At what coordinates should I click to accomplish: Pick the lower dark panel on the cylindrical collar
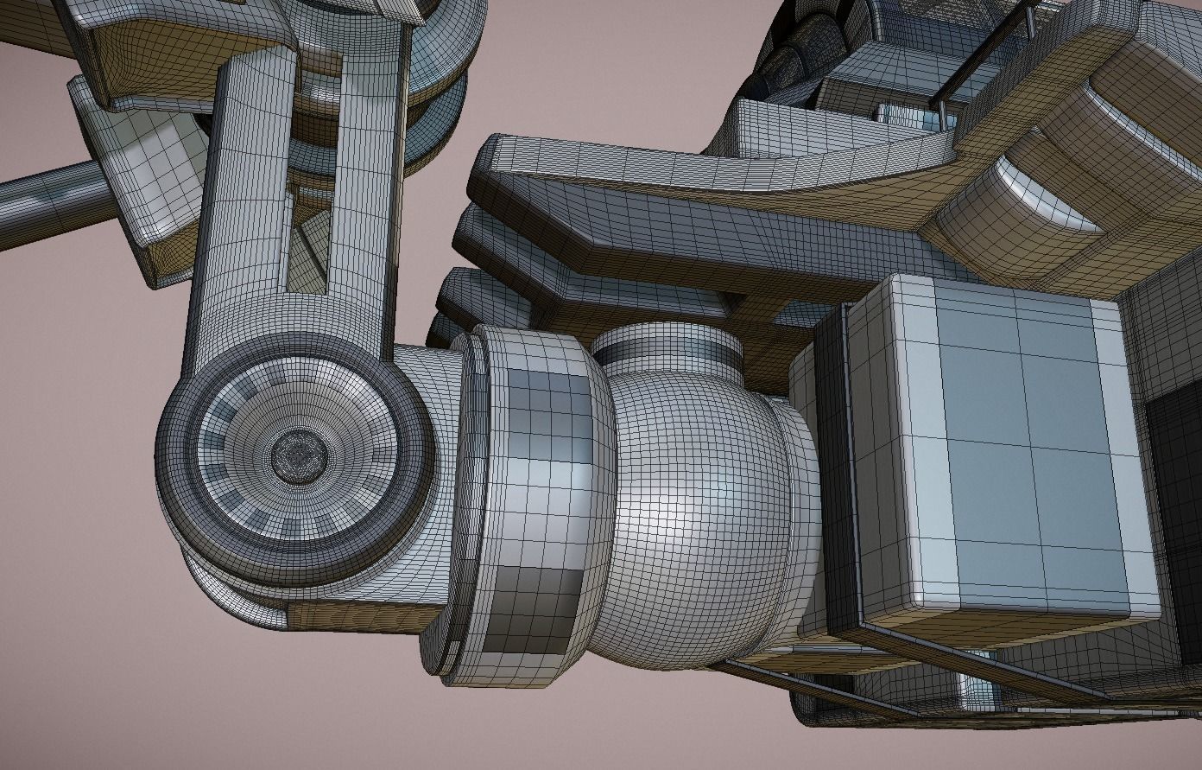pyautogui.click(x=535, y=609)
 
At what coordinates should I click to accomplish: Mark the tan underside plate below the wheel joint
pyautogui.click(x=363, y=616)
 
